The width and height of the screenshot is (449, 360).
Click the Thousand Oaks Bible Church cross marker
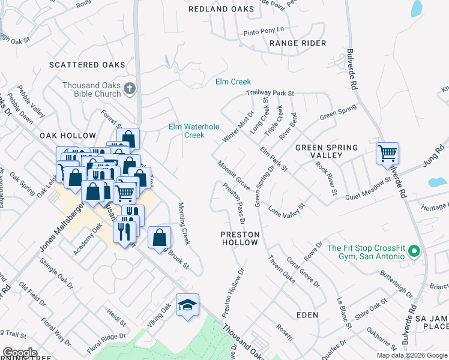pos(129,90)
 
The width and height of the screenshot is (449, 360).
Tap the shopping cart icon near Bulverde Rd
pos(387,153)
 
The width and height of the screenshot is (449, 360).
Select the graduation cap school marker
pos(187,305)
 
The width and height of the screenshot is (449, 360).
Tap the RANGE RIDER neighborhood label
pos(298,43)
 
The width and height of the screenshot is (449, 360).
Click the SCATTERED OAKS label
pos(88,65)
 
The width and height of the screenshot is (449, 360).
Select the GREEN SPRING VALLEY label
pos(327,151)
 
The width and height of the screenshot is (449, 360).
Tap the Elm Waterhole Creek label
pos(194,131)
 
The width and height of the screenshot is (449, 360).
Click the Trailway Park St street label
pos(270,94)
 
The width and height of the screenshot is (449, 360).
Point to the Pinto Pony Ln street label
pos(263,29)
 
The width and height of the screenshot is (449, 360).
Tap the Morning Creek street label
pos(184,223)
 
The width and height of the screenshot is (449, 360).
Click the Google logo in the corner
pos(19,353)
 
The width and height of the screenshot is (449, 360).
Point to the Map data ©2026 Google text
pos(412,355)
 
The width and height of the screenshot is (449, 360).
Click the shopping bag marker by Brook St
pos(159,238)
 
